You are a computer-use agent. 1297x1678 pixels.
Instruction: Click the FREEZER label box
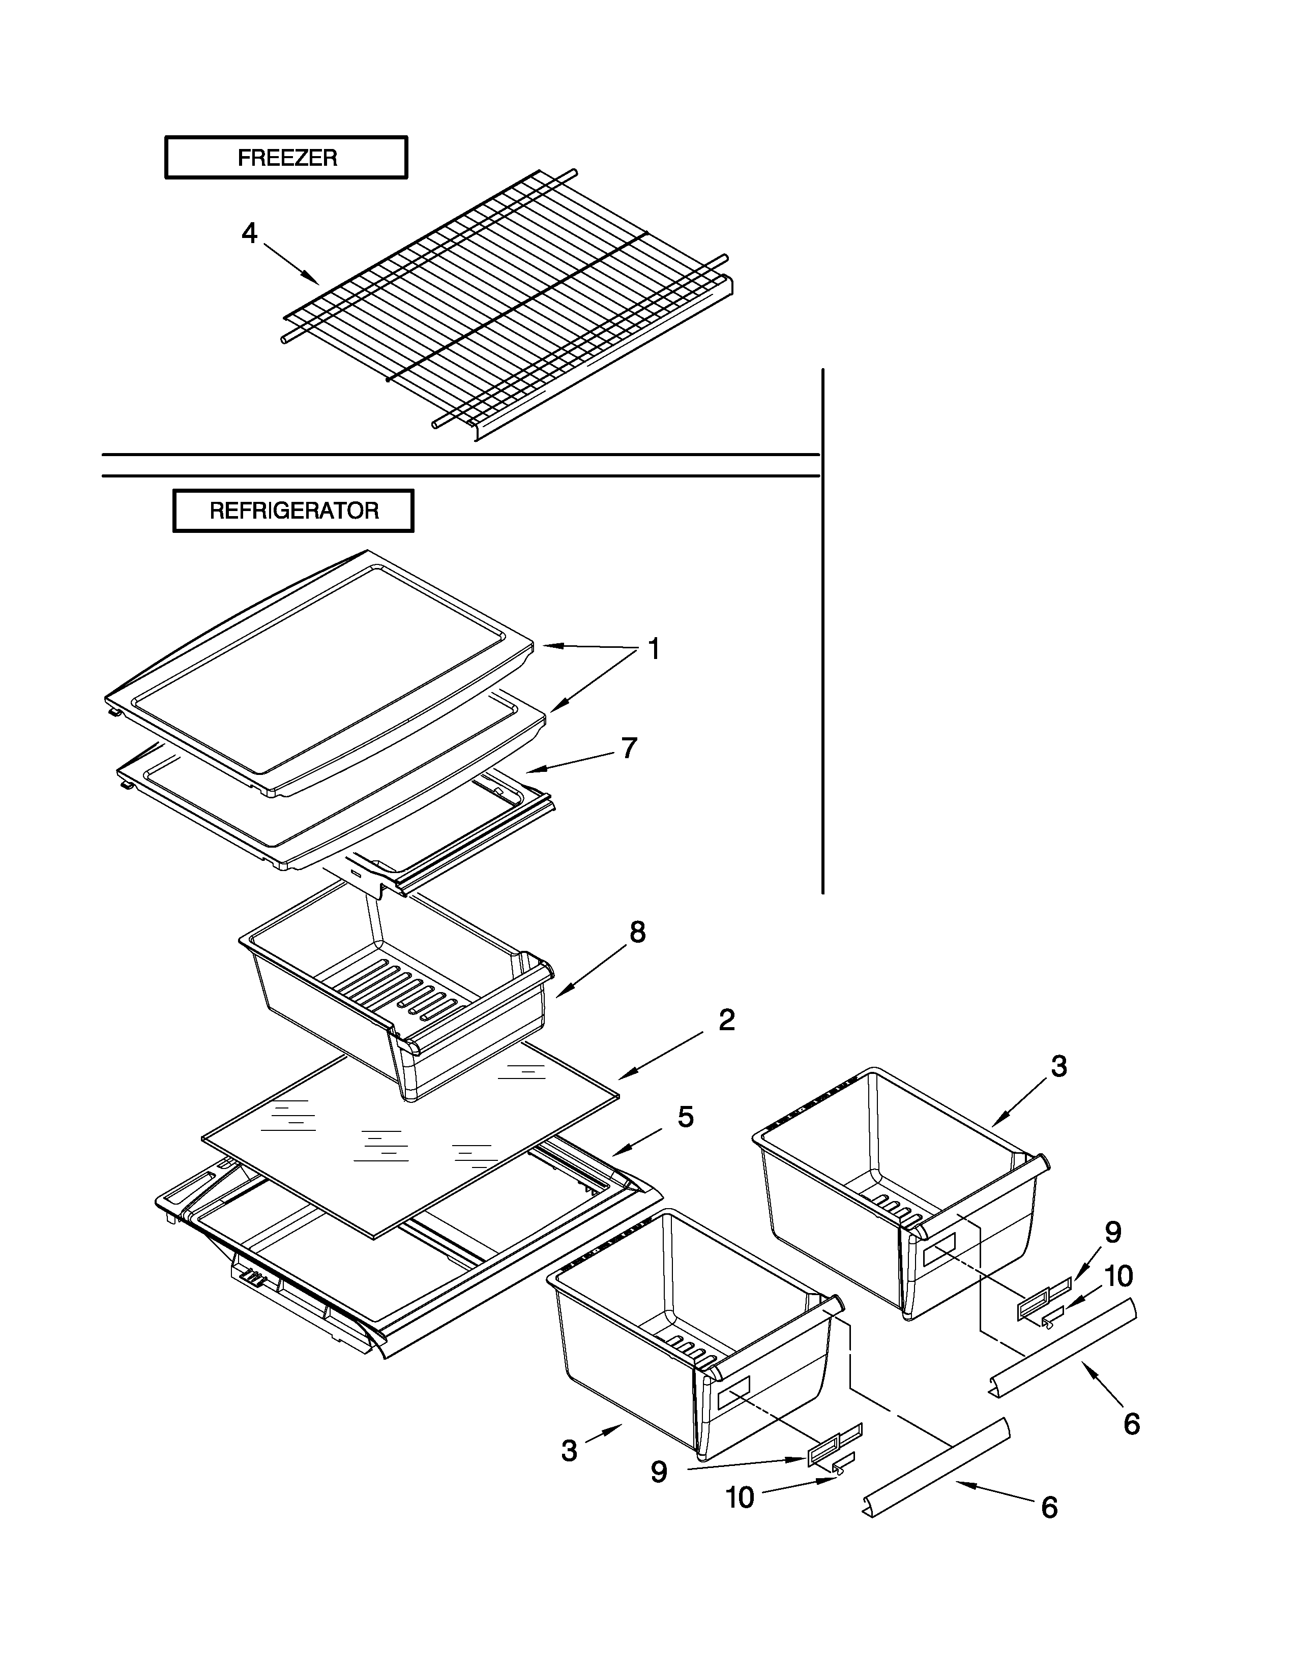(x=286, y=158)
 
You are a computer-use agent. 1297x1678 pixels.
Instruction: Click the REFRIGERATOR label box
(x=293, y=511)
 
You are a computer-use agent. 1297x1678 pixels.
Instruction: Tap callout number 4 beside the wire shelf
(x=250, y=233)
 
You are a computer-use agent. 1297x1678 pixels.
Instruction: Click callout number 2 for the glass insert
(x=726, y=1021)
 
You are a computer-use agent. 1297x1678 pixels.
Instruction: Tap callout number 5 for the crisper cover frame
(x=686, y=1117)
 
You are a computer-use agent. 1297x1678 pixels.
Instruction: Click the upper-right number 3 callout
(x=1059, y=1066)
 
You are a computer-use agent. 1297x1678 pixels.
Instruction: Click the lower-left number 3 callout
(x=569, y=1451)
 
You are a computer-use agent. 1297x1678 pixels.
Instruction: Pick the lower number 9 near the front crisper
(x=659, y=1472)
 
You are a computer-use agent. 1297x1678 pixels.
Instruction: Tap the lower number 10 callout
(x=740, y=1497)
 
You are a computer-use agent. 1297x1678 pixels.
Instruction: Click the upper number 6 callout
(x=1132, y=1424)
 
